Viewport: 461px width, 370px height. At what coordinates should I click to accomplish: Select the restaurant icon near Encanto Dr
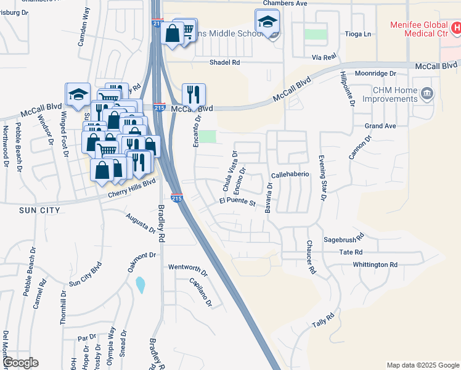[x=194, y=94]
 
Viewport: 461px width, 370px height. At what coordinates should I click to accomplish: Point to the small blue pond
[x=140, y=285]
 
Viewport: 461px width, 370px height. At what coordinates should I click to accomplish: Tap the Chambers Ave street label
[x=285, y=3]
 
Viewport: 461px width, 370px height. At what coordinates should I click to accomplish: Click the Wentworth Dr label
[x=188, y=268]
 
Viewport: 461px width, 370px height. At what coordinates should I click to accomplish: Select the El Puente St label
[x=237, y=202]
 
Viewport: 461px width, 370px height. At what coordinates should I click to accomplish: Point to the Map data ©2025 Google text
[x=422, y=365]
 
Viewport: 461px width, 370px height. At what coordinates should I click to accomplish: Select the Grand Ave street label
[x=380, y=126]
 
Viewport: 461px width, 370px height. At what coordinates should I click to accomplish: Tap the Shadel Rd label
[x=224, y=62]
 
